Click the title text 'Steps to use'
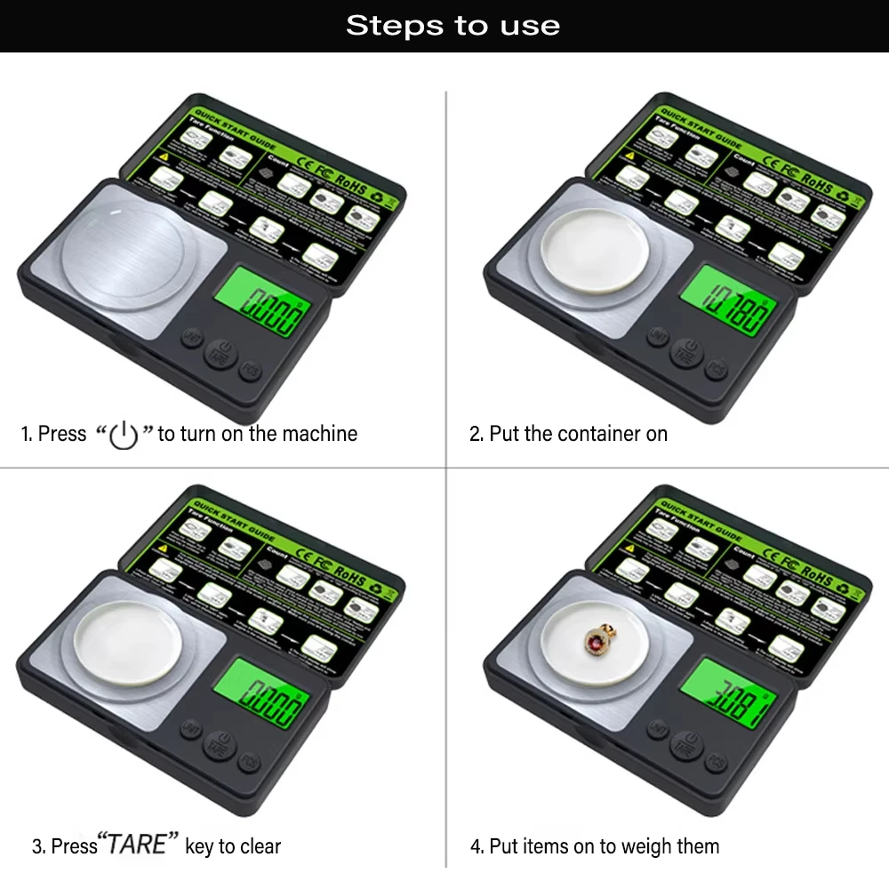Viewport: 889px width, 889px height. coord(453,25)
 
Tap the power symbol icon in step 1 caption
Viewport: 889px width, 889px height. coord(124,436)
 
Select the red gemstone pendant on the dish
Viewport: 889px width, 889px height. coord(593,640)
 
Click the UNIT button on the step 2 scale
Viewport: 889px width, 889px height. coord(659,337)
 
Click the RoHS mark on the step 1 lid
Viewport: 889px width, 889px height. coord(353,188)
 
